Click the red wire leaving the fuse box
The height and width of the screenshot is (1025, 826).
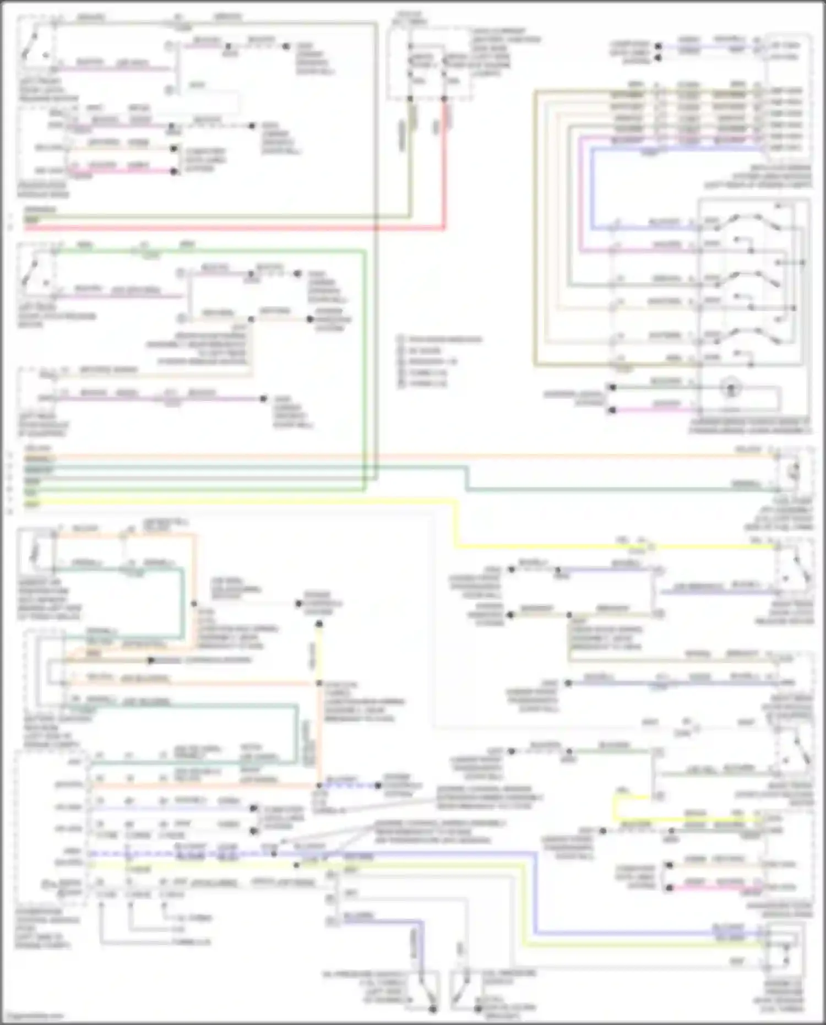click(x=444, y=165)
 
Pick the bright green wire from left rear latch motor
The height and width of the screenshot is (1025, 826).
click(x=220, y=251)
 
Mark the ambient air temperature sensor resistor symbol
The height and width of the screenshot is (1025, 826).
click(x=36, y=551)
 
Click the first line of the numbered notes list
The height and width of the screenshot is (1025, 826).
click(x=441, y=339)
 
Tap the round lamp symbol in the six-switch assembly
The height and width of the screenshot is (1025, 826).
click(x=731, y=388)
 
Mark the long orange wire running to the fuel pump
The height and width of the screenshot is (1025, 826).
click(x=385, y=457)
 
